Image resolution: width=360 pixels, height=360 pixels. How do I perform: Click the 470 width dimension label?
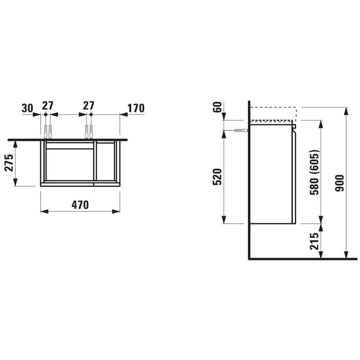tap(80, 205)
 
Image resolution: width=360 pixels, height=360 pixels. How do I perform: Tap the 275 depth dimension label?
tap(9, 163)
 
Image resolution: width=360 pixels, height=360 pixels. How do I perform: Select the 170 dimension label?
tap(136, 109)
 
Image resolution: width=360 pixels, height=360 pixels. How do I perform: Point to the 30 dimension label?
tap(27, 109)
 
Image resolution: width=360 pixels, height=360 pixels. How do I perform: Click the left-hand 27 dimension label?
tap(48, 105)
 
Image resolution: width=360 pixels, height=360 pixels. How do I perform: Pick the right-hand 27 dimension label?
tap(88, 105)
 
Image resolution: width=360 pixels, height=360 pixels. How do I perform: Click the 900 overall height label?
tap(339, 183)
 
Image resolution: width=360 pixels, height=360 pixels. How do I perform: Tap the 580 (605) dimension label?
tap(315, 172)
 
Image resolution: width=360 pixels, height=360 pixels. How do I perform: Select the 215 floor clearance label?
tap(315, 241)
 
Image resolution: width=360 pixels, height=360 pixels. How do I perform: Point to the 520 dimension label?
tap(218, 177)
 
